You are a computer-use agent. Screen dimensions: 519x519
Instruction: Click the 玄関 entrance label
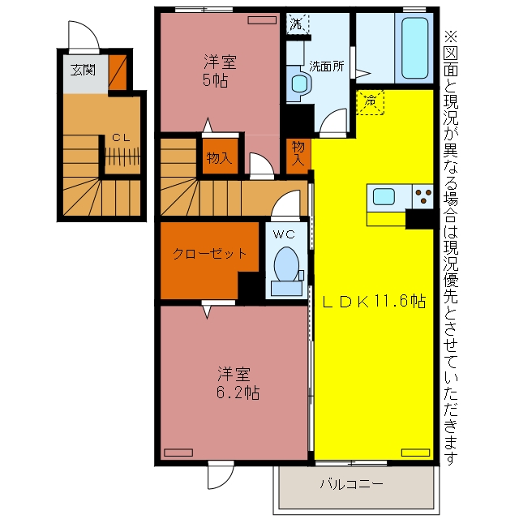83,71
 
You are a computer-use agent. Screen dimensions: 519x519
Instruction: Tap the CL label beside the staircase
121,138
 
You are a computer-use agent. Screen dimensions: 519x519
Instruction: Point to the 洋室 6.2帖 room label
238,384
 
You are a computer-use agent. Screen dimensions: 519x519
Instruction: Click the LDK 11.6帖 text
374,301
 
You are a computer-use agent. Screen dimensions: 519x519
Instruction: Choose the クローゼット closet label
210,254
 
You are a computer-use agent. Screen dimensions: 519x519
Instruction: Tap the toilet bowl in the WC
286,264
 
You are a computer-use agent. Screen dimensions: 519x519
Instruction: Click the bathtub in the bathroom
414,48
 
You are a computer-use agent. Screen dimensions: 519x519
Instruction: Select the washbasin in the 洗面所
300,84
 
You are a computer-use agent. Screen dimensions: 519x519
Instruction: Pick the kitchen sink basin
384,196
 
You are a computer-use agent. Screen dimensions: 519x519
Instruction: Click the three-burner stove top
422,196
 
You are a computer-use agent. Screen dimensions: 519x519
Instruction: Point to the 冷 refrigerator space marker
370,102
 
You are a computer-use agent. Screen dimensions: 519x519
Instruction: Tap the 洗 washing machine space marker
298,24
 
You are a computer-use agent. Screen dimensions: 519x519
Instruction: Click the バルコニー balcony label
351,484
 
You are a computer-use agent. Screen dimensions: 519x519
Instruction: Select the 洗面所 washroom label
326,66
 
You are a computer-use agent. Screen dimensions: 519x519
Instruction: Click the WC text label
284,234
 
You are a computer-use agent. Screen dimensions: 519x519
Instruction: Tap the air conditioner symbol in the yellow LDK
415,453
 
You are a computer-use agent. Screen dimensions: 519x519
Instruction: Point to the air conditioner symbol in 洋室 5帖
262,20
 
